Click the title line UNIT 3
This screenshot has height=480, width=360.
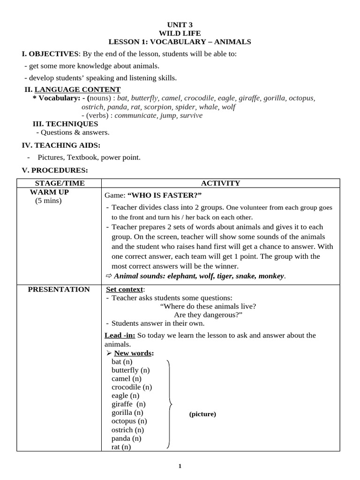point(180,24)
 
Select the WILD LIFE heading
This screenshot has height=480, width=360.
point(180,33)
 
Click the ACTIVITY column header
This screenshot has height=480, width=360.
point(220,183)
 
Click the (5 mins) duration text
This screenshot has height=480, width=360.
point(48,201)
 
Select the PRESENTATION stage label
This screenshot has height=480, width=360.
point(59,289)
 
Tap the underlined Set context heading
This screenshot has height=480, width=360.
point(125,289)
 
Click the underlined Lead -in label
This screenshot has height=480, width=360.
point(120,335)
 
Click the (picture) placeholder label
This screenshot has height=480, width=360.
point(202,414)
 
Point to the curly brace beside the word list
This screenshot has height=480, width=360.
point(170,404)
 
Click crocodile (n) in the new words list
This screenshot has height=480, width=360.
point(132,387)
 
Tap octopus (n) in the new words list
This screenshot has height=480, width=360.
point(128,421)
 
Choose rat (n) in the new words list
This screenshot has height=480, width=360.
point(121,447)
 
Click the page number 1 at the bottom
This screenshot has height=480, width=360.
point(180,466)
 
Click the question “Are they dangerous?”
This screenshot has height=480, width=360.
point(208,315)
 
